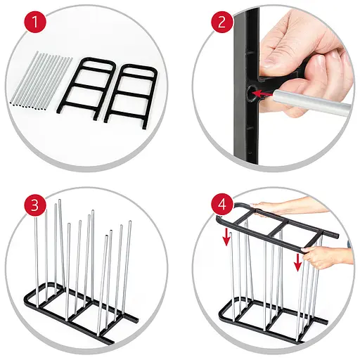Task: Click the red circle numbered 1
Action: point(35,22)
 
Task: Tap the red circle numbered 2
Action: point(222,22)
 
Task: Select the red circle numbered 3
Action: point(35,205)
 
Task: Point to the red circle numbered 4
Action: point(222,204)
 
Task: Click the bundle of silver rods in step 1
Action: point(41,81)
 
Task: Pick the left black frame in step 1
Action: point(86,89)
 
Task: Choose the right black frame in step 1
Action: point(130,96)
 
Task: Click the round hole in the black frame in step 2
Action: point(252,93)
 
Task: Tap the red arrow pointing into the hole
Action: point(262,94)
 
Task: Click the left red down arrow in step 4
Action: point(226,237)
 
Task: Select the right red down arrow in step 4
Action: point(298,262)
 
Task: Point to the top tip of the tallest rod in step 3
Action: point(60,200)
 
